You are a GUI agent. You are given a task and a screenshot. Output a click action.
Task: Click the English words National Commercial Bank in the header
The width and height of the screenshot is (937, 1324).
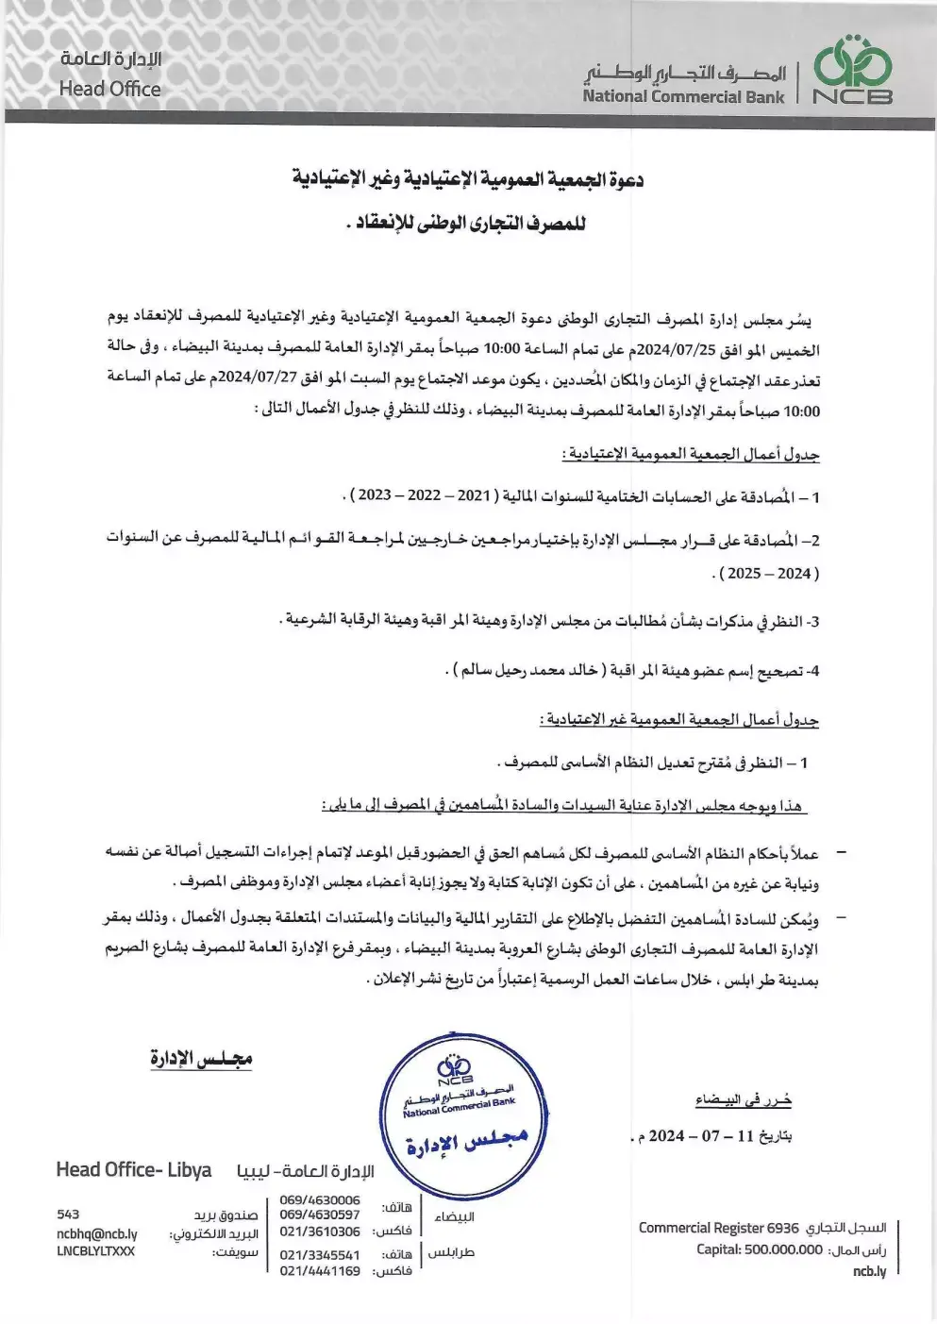point(682,96)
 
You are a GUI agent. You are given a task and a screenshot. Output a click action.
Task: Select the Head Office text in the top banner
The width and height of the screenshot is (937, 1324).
point(109,89)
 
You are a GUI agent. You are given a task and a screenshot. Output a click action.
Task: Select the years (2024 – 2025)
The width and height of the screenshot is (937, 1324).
point(768,573)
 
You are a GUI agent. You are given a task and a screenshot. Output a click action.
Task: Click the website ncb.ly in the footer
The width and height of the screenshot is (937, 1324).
point(869,1271)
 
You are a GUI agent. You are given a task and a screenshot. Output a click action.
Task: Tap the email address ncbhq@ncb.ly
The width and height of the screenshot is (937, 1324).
point(96,1233)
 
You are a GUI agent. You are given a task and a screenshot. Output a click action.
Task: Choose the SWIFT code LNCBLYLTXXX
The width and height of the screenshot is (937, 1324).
point(95,1251)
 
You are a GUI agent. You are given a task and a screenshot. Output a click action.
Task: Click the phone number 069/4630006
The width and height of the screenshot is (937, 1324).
point(320,1199)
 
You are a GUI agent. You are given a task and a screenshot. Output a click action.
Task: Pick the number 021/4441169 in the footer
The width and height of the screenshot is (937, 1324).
point(320,1270)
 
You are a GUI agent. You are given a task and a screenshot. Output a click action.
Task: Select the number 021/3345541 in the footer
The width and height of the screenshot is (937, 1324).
point(320,1255)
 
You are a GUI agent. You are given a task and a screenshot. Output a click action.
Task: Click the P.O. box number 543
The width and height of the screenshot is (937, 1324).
point(68,1215)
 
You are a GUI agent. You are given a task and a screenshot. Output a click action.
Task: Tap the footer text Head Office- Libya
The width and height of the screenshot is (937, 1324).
point(134,1170)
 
